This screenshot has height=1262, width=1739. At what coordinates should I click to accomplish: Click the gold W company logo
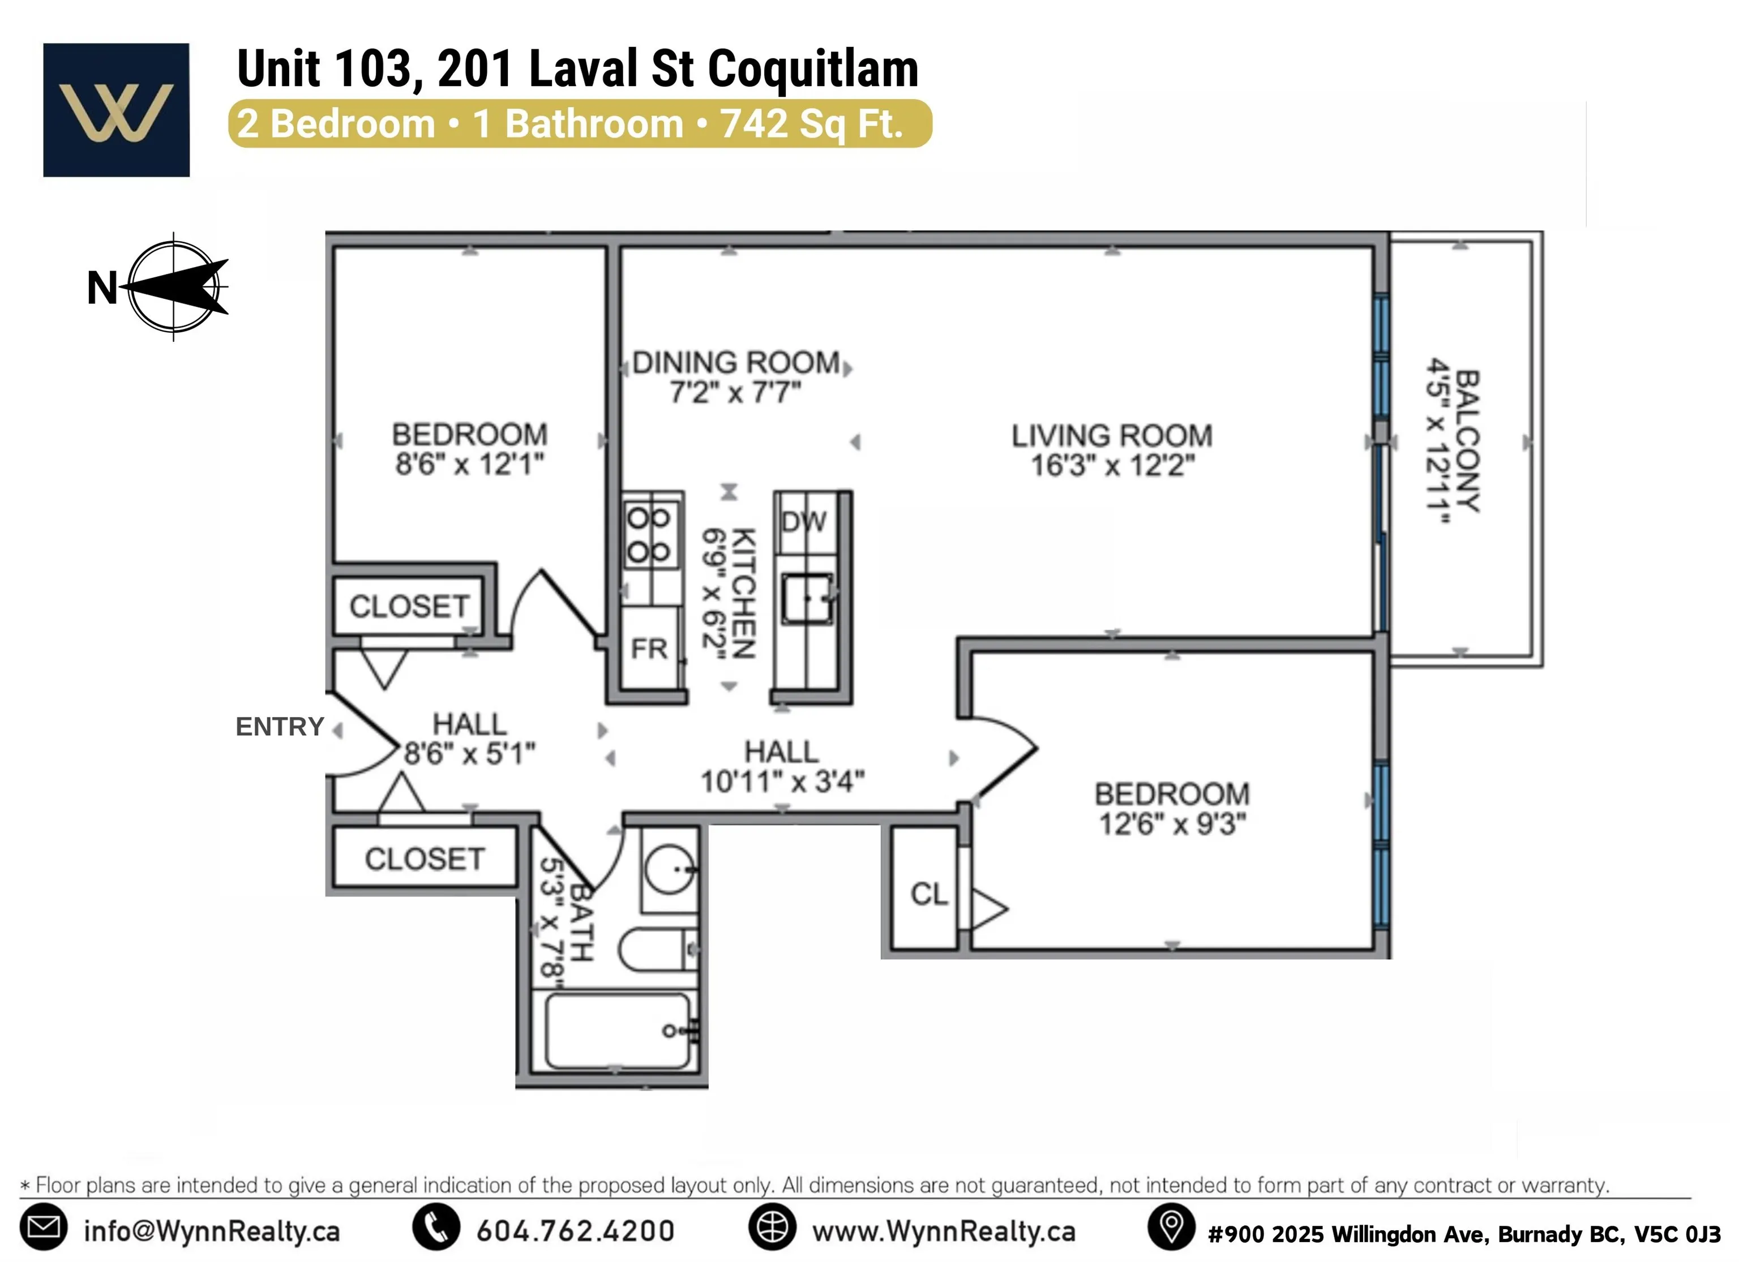coord(117,110)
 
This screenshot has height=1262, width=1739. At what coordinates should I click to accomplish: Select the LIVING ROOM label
coord(1111,436)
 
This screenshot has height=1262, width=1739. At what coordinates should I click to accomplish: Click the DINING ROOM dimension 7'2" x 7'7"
coord(735,393)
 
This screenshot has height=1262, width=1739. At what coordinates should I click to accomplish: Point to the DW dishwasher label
coord(804,522)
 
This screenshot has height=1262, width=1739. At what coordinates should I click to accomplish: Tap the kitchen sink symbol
coord(807,599)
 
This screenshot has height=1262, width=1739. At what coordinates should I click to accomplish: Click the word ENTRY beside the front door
coord(280,727)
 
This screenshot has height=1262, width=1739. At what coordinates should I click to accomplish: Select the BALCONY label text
coord(1467,441)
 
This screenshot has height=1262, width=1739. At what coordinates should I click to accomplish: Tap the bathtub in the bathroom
coord(617,1031)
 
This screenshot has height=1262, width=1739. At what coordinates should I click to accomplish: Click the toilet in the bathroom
coord(656,949)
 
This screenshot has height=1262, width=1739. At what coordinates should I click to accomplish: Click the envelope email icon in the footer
coord(43,1227)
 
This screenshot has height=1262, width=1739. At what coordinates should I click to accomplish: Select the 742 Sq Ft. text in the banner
coord(811,124)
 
